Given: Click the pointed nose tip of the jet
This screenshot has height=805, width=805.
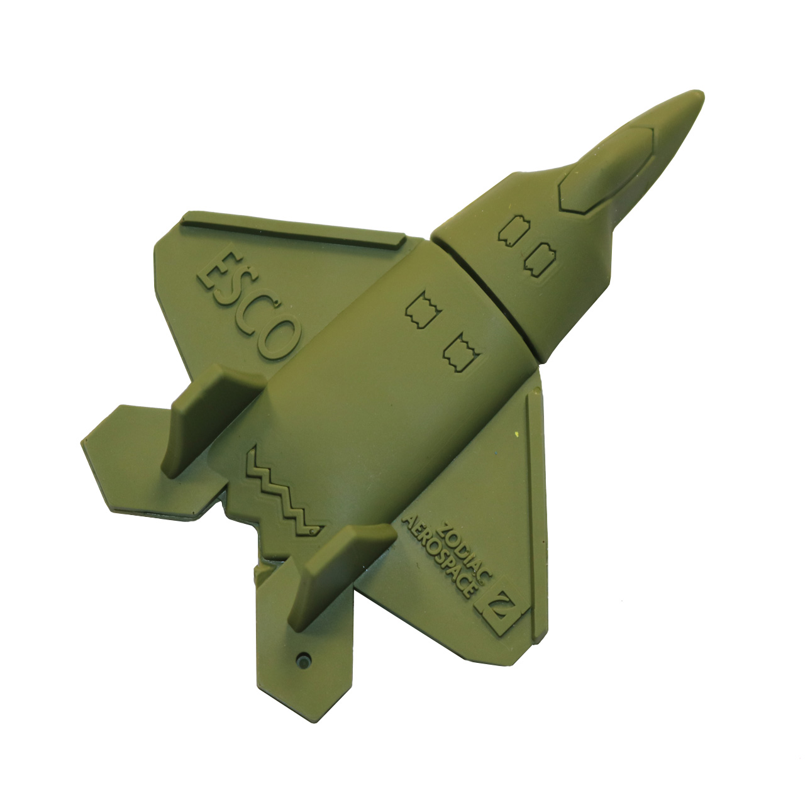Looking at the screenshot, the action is (x=700, y=94).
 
